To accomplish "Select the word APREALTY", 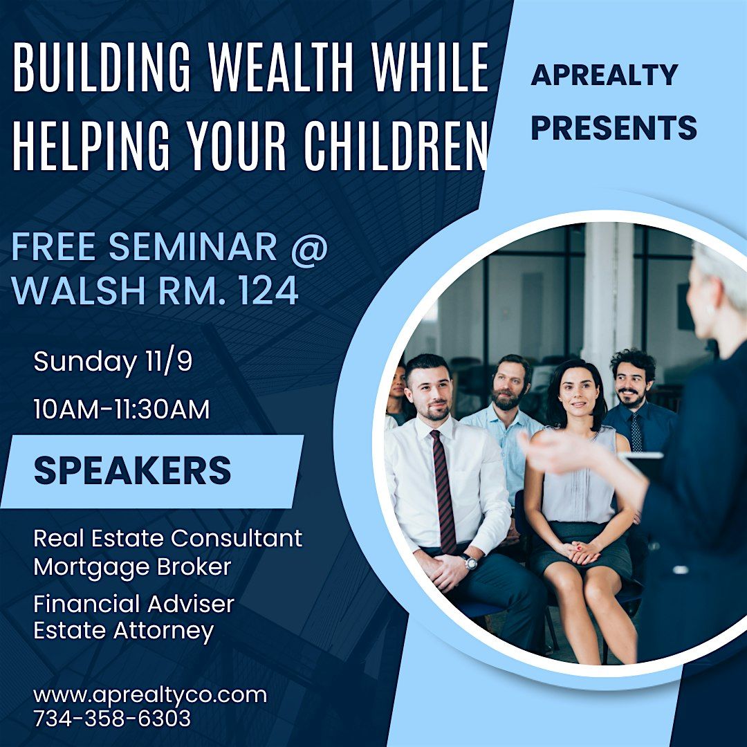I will point(604,75).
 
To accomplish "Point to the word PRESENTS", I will point(614,128).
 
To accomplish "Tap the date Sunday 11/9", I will point(113,362).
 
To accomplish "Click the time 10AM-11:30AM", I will point(122,409).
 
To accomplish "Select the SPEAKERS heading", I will point(132,471).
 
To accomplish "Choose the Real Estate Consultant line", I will point(168,538).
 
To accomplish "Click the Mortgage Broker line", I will point(132,567).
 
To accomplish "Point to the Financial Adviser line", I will point(133,604).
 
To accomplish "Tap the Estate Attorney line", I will point(124,631).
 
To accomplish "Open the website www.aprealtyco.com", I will point(149,694).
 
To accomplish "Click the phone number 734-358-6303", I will point(112,719).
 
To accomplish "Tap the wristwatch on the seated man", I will point(470,562).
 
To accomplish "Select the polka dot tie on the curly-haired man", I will point(636,432).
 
